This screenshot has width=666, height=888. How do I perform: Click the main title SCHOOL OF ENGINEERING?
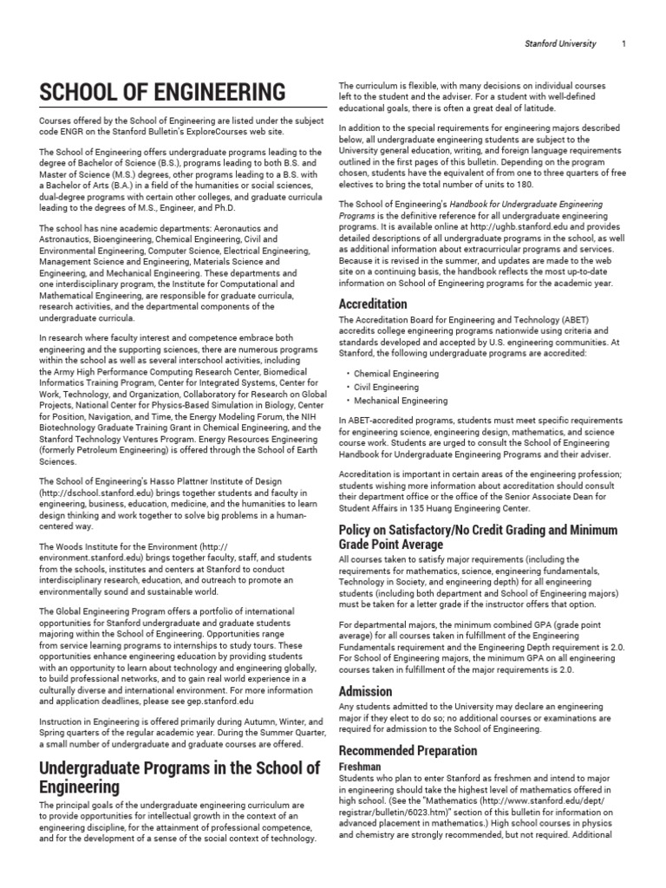click(x=161, y=92)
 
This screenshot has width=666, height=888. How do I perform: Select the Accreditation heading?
click(x=373, y=304)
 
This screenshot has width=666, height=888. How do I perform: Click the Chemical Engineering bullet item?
click(x=396, y=374)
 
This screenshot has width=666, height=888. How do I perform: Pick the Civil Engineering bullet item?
click(x=388, y=388)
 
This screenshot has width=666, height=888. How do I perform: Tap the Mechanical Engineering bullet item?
click(x=402, y=402)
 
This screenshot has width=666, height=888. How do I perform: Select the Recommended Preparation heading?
click(x=408, y=750)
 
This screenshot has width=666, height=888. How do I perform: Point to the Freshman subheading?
click(x=361, y=768)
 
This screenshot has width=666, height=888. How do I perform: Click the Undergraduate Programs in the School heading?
click(x=178, y=778)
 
